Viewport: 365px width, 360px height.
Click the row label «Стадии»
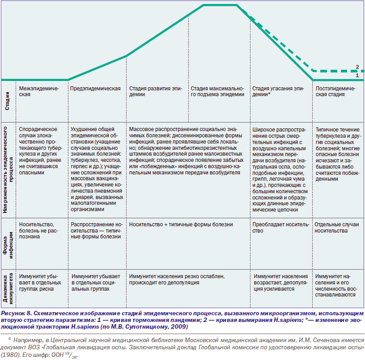pos(7,101)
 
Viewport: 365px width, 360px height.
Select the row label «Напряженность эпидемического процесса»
pos(8,169)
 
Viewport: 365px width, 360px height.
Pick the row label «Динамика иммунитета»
pos(8,288)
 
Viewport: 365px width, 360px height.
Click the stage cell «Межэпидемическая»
pos(39,91)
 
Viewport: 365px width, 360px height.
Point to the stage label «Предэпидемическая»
pos(95,89)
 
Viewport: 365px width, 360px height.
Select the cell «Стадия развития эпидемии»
pos(156,91)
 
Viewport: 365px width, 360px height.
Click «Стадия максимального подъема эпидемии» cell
pos(217,91)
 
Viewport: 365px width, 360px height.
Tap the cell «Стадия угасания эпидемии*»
pos(278,91)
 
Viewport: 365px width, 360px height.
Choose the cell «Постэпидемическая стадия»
pos(335,91)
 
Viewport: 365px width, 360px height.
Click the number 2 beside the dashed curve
pos(357,67)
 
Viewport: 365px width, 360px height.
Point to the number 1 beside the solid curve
pos(357,76)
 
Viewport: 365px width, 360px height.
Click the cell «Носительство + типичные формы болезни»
pos(181,224)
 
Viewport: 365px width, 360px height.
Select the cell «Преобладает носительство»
pos(281,228)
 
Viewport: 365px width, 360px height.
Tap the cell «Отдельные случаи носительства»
pos(337,228)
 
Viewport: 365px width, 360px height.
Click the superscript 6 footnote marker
pos(9,339)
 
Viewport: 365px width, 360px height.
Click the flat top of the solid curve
pos(220,5)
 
